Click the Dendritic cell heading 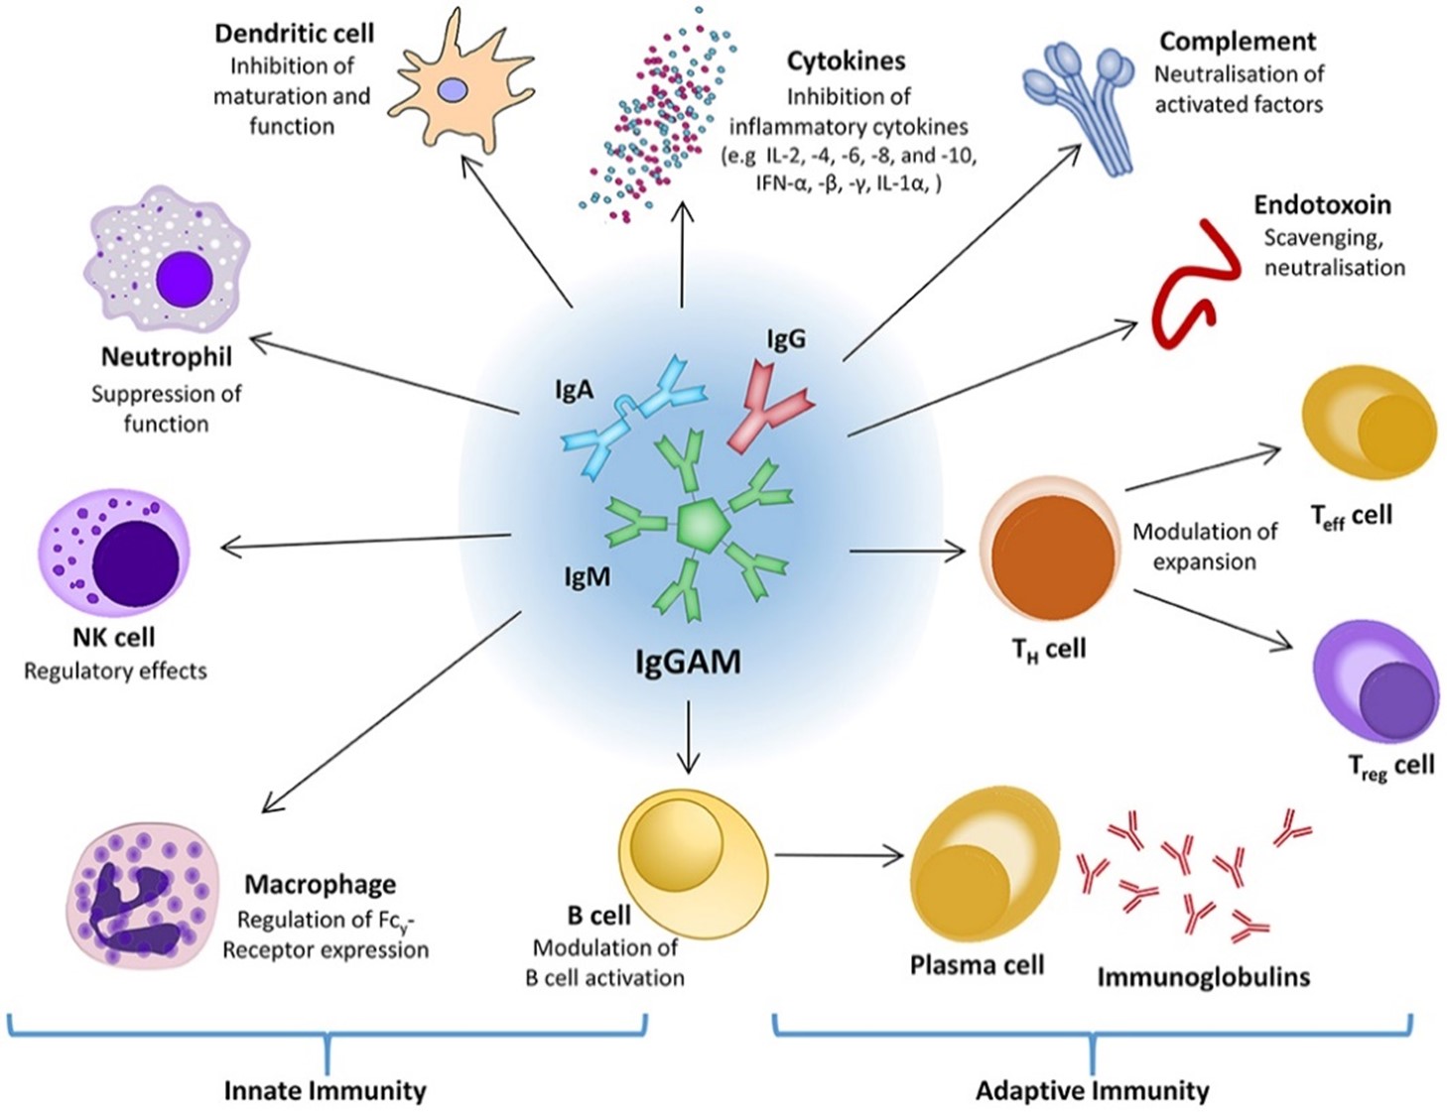tap(294, 34)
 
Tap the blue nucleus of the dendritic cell tap(453, 90)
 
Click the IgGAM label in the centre tap(688, 662)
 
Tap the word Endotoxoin tap(1322, 205)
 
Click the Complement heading tap(1237, 42)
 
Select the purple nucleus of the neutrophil tap(184, 279)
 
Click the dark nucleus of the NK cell tap(136, 560)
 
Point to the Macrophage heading tap(320, 884)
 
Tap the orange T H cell tap(1051, 556)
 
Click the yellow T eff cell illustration tap(1370, 423)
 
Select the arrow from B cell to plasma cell tap(839, 855)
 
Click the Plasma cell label tap(977, 965)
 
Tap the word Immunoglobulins tap(1203, 977)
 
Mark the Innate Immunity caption tap(325, 1091)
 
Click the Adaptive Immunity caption tap(1092, 1091)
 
